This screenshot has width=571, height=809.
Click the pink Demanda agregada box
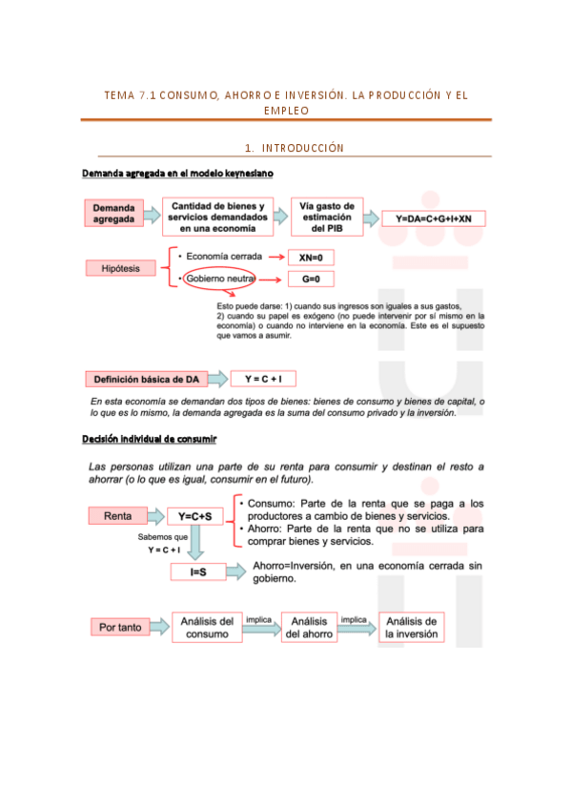114,214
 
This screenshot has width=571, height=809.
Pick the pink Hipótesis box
120,269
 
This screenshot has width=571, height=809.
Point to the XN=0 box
311,258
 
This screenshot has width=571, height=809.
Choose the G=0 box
311,280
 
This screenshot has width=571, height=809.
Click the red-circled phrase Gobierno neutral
220,279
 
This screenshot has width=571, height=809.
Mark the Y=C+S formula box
194,516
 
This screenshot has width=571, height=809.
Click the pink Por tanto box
121,627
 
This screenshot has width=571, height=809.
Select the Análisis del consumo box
206,627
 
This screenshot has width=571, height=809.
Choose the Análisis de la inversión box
411,627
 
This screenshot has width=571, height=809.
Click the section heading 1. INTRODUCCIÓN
293,148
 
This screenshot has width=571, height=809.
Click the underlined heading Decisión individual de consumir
150,438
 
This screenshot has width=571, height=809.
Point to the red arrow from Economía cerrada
276,258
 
